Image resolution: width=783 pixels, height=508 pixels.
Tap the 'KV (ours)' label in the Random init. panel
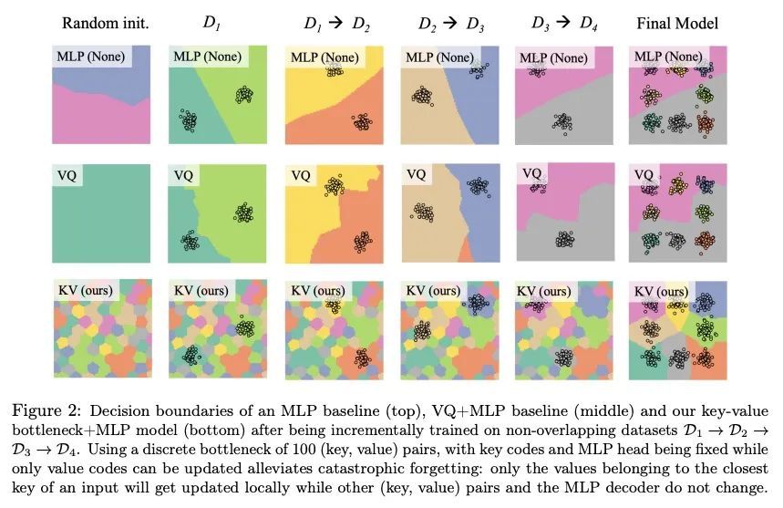(x=88, y=291)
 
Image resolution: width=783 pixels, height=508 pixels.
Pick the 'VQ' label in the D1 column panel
(x=183, y=174)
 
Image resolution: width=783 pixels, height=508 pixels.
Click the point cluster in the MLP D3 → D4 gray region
(x=561, y=121)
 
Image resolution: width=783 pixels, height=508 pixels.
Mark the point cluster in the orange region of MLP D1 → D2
(x=362, y=121)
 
